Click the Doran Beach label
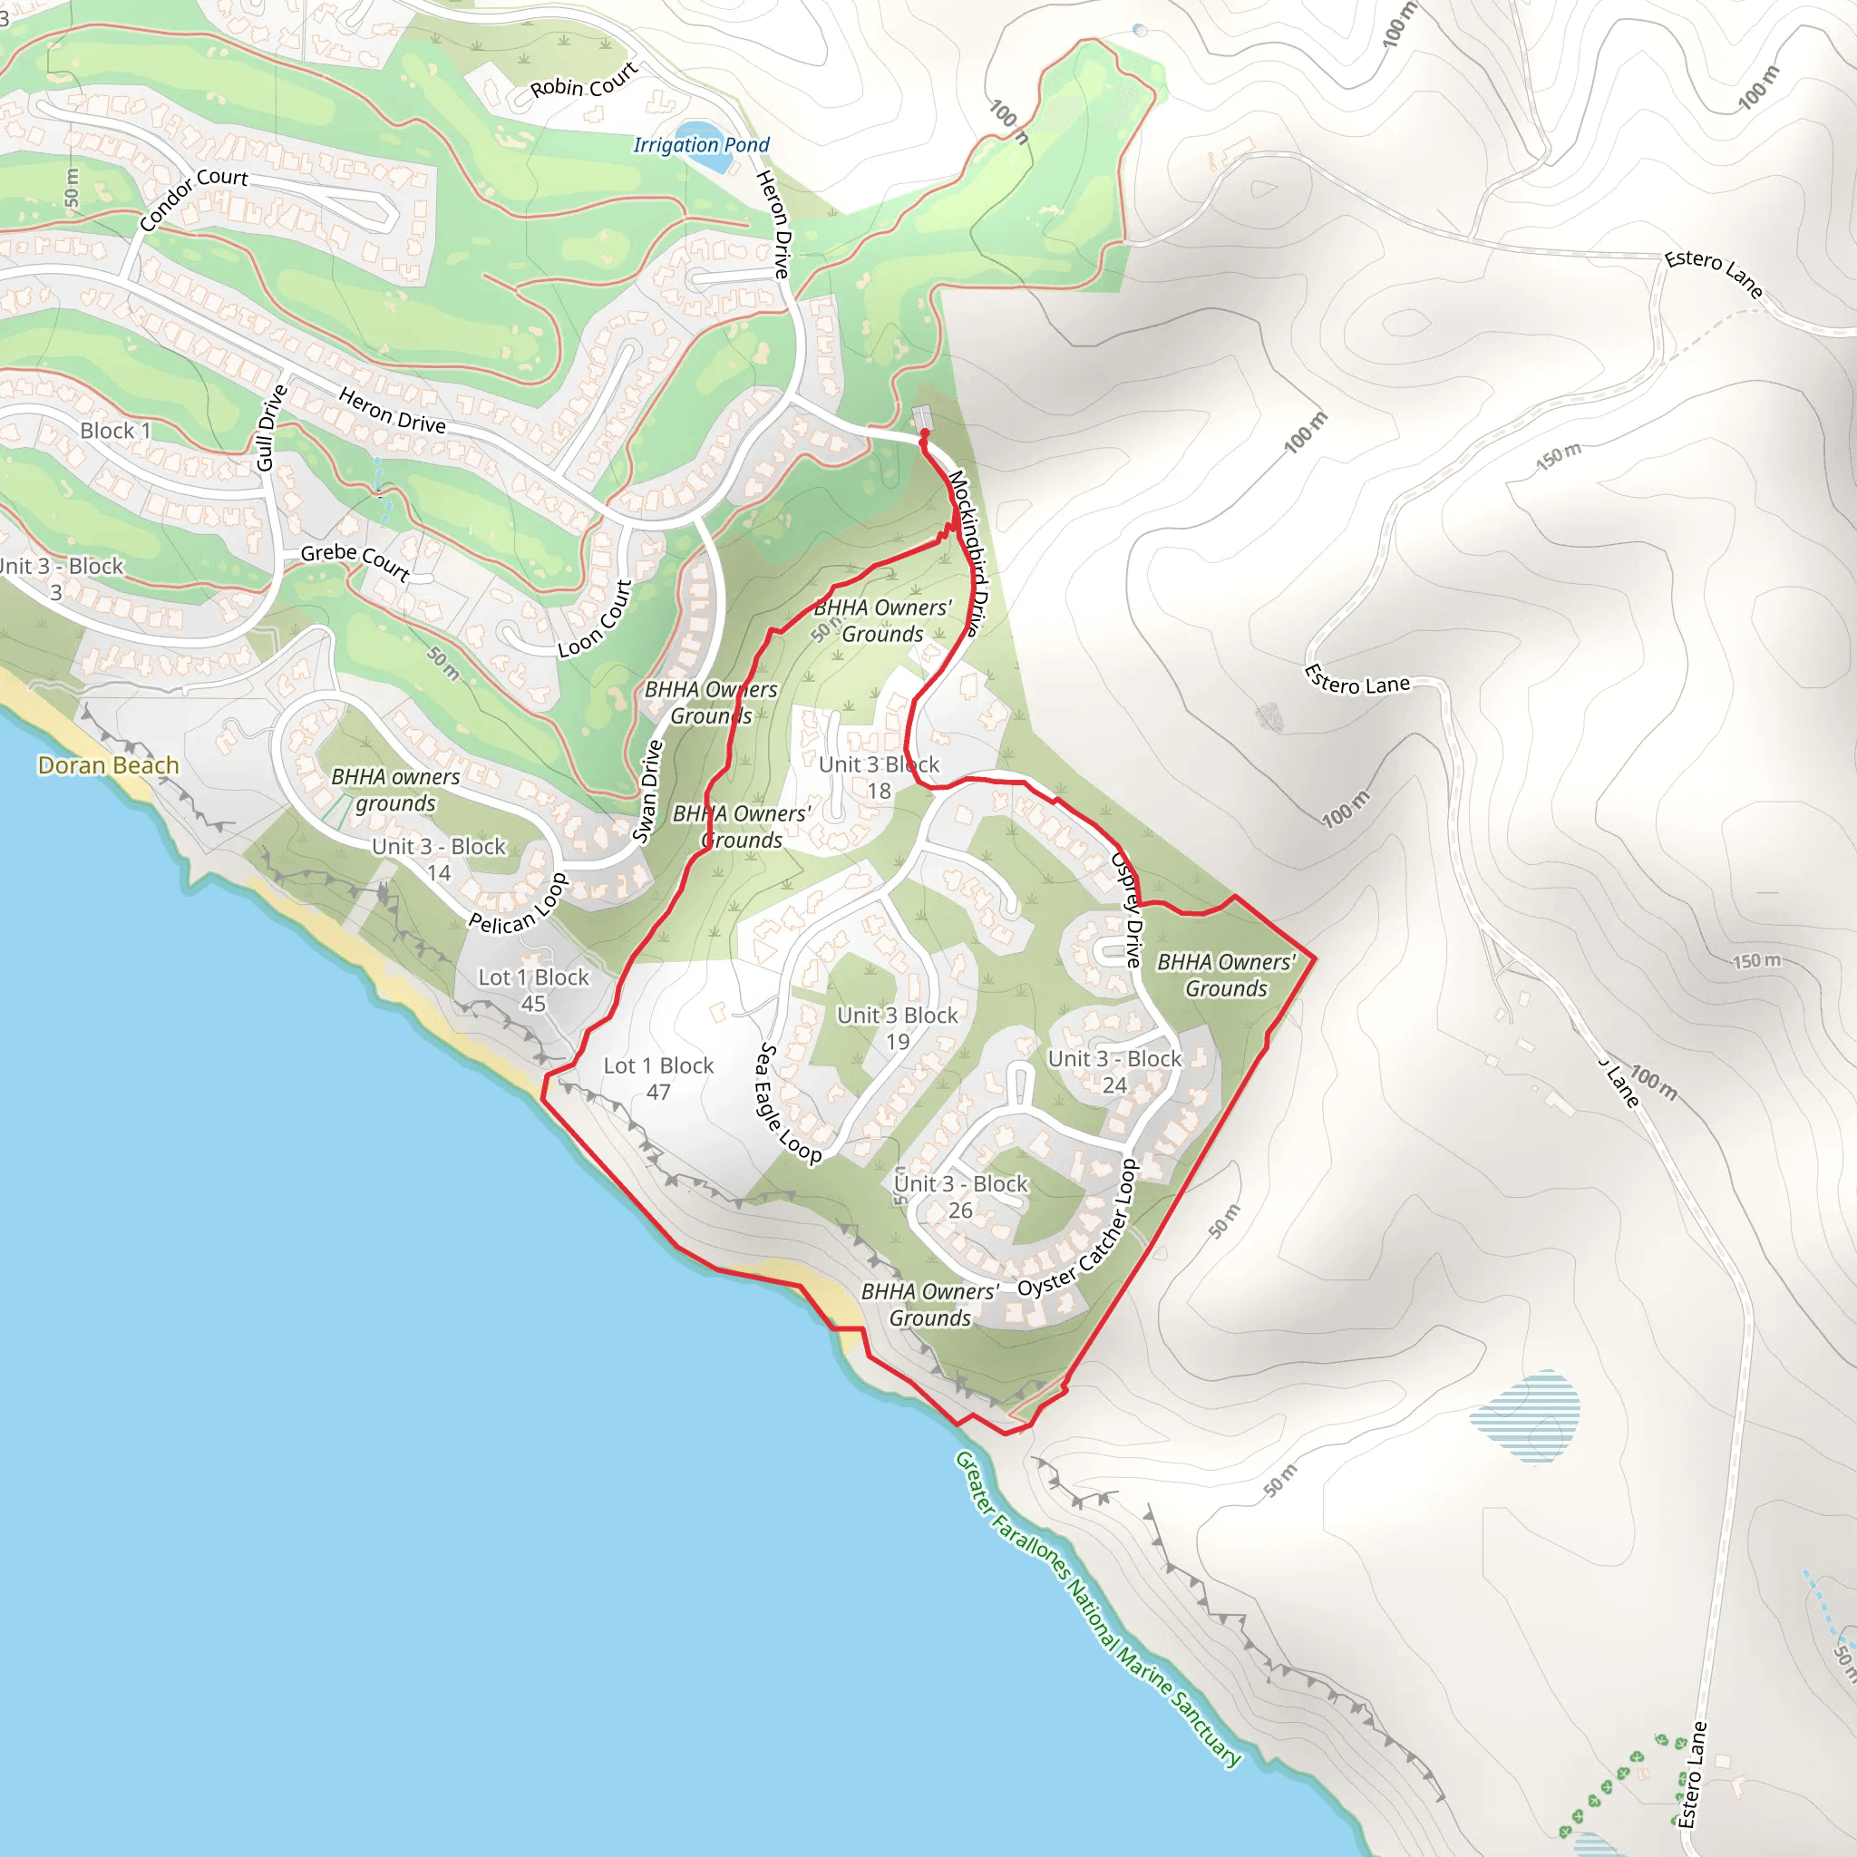pyautogui.click(x=109, y=765)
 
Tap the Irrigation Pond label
pyautogui.click(x=701, y=145)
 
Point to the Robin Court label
pyautogui.click(x=583, y=81)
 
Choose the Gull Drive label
pyautogui.click(x=271, y=428)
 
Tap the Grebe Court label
pyautogui.click(x=355, y=560)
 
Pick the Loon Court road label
pyautogui.click(x=596, y=618)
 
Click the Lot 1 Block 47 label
pyautogui.click(x=658, y=1078)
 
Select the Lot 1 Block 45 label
pyautogui.click(x=533, y=990)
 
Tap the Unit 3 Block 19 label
pyautogui.click(x=897, y=1028)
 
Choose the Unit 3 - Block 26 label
pyautogui.click(x=960, y=1197)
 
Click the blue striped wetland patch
pyautogui.click(x=1524, y=1415)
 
